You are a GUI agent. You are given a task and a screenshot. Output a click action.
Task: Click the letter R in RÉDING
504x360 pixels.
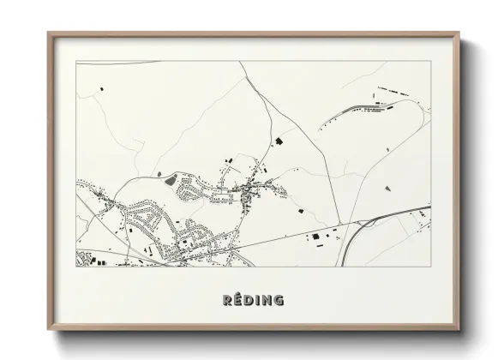coord(227,300)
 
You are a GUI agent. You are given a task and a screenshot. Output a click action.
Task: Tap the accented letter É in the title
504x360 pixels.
coord(238,299)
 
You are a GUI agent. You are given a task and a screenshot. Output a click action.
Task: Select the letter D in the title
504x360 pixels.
coord(249,300)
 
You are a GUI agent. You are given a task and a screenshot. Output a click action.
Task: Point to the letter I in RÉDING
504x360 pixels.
coord(258,300)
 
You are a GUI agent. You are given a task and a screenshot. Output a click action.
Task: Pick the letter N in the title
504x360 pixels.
coord(267,300)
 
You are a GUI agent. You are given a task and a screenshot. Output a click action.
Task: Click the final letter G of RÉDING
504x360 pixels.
coord(279,300)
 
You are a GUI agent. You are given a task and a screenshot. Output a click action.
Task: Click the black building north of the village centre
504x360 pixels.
coord(277,140)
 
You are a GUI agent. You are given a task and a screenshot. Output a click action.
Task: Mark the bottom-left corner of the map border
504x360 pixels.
coord(76,267)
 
